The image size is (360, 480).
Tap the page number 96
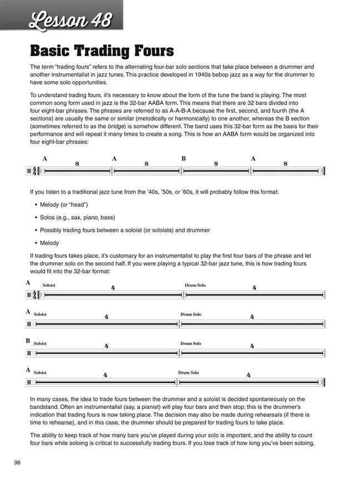coord(18,463)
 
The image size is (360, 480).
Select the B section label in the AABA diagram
coord(183,158)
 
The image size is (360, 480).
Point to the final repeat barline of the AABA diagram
coord(323,172)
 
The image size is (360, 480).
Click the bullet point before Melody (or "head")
coord(36,204)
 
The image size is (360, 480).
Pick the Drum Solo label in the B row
coord(191,344)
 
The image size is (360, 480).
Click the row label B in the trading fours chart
coord(28,341)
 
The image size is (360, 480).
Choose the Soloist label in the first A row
coord(49,285)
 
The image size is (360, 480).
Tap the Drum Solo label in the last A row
coord(188,372)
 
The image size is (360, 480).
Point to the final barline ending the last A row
coord(323,382)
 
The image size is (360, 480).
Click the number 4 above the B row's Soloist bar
coord(106,346)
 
